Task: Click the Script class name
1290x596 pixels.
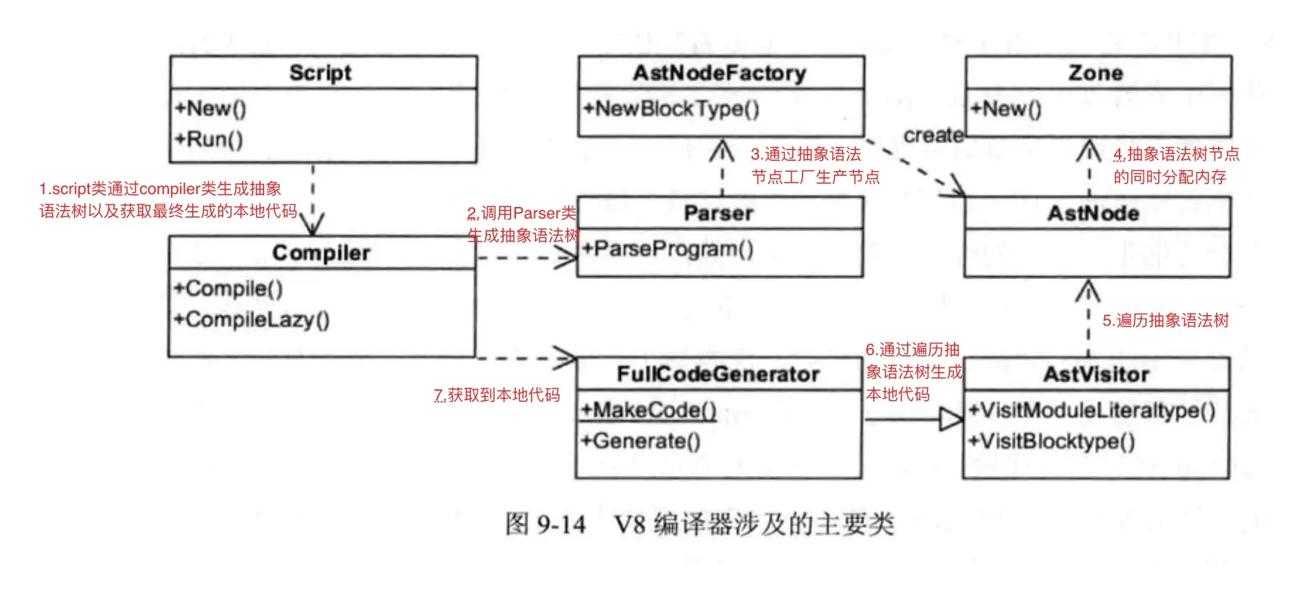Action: coord(320,73)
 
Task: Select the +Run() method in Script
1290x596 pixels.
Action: coord(209,139)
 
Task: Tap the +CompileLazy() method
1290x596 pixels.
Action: coord(252,320)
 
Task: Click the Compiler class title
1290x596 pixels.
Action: coord(321,253)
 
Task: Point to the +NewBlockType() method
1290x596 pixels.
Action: coord(671,109)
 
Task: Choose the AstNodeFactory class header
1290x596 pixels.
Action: coord(720,73)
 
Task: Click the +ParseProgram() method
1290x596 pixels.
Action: coord(668,249)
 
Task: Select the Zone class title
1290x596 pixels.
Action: coord(1095,73)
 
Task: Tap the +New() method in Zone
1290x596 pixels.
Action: coord(1006,109)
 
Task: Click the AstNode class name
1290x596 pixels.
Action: coord(1093,214)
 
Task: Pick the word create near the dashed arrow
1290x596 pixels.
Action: coord(933,136)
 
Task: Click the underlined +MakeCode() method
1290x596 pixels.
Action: coord(648,410)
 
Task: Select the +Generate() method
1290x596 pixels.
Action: coord(640,442)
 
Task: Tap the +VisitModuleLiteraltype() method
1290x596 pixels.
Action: coord(1092,410)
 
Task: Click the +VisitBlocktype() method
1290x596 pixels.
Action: coord(1052,442)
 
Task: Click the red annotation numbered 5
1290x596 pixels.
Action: coord(1165,320)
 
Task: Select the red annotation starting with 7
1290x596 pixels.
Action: coord(497,395)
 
